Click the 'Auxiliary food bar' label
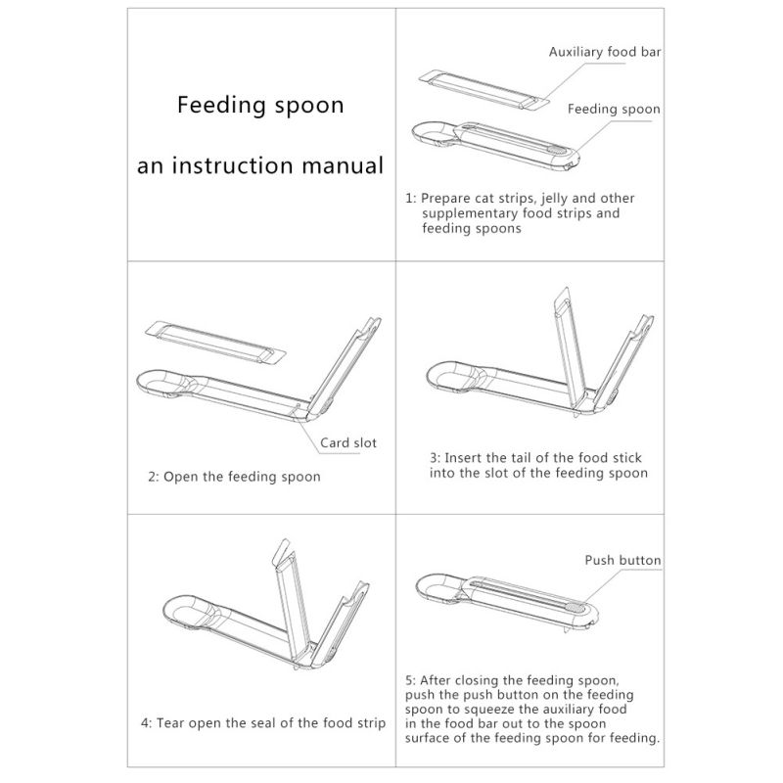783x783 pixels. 605,52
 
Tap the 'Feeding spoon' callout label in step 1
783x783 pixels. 614,110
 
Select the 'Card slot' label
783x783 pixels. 348,442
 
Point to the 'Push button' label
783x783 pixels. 622,560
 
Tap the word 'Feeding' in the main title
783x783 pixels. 221,106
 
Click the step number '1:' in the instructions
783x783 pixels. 410,199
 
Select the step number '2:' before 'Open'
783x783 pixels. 154,477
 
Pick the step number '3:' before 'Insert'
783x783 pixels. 435,458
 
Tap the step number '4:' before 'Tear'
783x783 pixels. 146,723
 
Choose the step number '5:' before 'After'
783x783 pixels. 410,680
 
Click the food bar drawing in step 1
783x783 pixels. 484,89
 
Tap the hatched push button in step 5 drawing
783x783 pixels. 575,607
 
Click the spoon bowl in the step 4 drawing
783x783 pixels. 189,611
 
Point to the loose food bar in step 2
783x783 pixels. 215,343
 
